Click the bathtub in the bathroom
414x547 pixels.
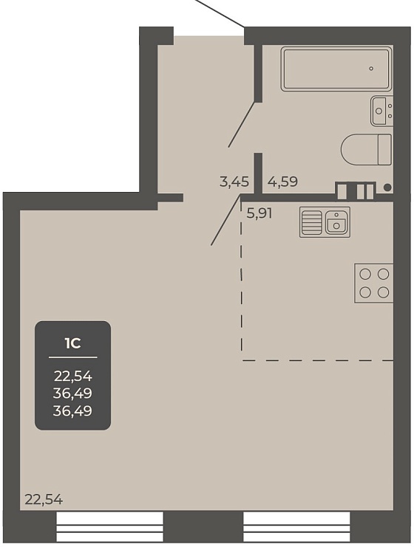point(336,69)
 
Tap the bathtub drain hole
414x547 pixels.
point(371,69)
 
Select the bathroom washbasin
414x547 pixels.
point(382,111)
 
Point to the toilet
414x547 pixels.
point(367,149)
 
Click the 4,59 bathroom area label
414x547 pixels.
point(282,182)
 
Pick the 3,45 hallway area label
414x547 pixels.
point(234,182)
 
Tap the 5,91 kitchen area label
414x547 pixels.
point(259,213)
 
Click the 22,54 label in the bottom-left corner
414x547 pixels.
point(44,500)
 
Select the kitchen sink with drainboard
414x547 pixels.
point(325,222)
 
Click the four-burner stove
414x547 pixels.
point(374,283)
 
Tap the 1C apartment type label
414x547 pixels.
point(72,344)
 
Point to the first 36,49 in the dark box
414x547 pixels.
point(72,393)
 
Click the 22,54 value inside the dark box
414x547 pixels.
point(72,376)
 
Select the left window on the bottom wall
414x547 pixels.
point(109,527)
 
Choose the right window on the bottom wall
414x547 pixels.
point(296,527)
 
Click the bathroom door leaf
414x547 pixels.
point(242,124)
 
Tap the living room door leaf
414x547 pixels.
point(226,220)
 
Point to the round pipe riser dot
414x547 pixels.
point(387,188)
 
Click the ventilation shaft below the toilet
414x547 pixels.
point(356,190)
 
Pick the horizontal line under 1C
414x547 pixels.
point(72,357)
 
